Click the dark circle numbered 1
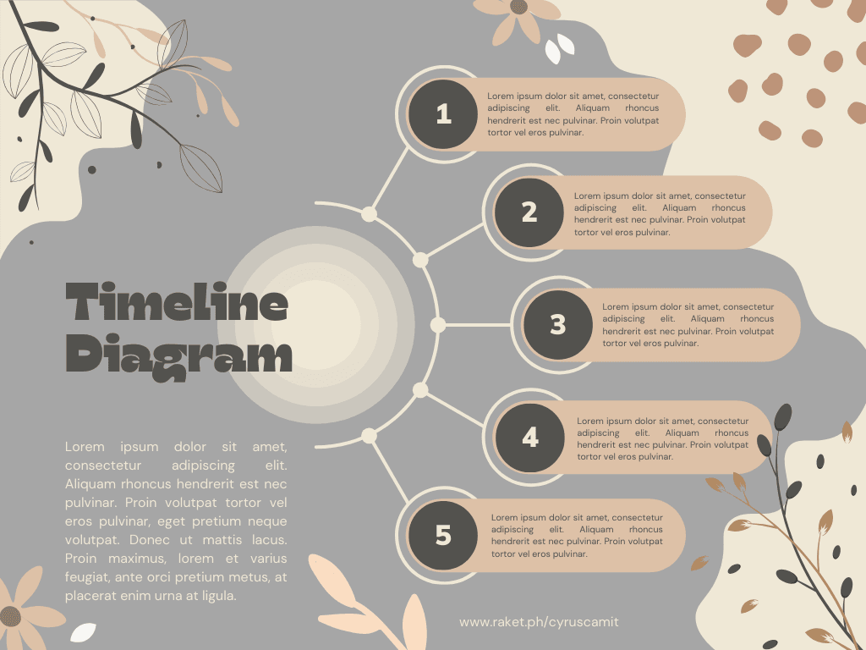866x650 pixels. [443, 114]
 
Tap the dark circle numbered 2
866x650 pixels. [529, 212]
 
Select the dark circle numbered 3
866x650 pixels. [558, 324]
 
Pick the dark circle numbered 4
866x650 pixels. [530, 438]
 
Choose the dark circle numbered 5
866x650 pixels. [443, 535]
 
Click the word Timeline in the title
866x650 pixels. [177, 302]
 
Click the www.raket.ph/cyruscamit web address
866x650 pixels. [539, 622]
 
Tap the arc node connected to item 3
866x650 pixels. [438, 325]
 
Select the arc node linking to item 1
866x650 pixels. [369, 214]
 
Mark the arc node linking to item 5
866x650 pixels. [369, 436]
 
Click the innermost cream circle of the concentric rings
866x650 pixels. [316, 325]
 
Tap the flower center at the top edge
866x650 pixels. [518, 6]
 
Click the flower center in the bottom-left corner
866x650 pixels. [9, 617]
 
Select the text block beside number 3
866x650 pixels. [688, 325]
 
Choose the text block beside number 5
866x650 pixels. [577, 536]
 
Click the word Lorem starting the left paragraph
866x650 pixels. [85, 447]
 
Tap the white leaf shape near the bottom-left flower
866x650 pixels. [84, 632]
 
